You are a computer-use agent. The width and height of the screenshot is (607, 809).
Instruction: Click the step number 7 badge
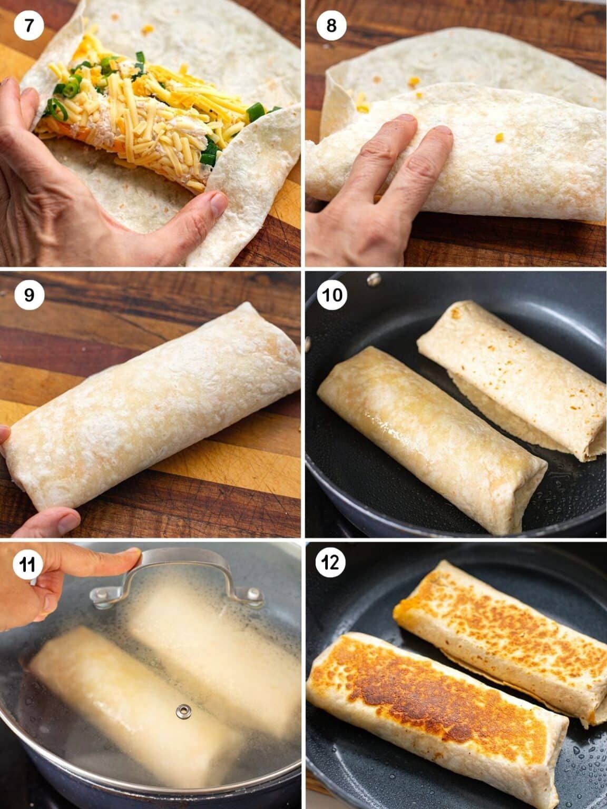28,26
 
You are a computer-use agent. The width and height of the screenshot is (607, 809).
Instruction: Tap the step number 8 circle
331,26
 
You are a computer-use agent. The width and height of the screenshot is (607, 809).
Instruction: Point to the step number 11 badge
27,565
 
